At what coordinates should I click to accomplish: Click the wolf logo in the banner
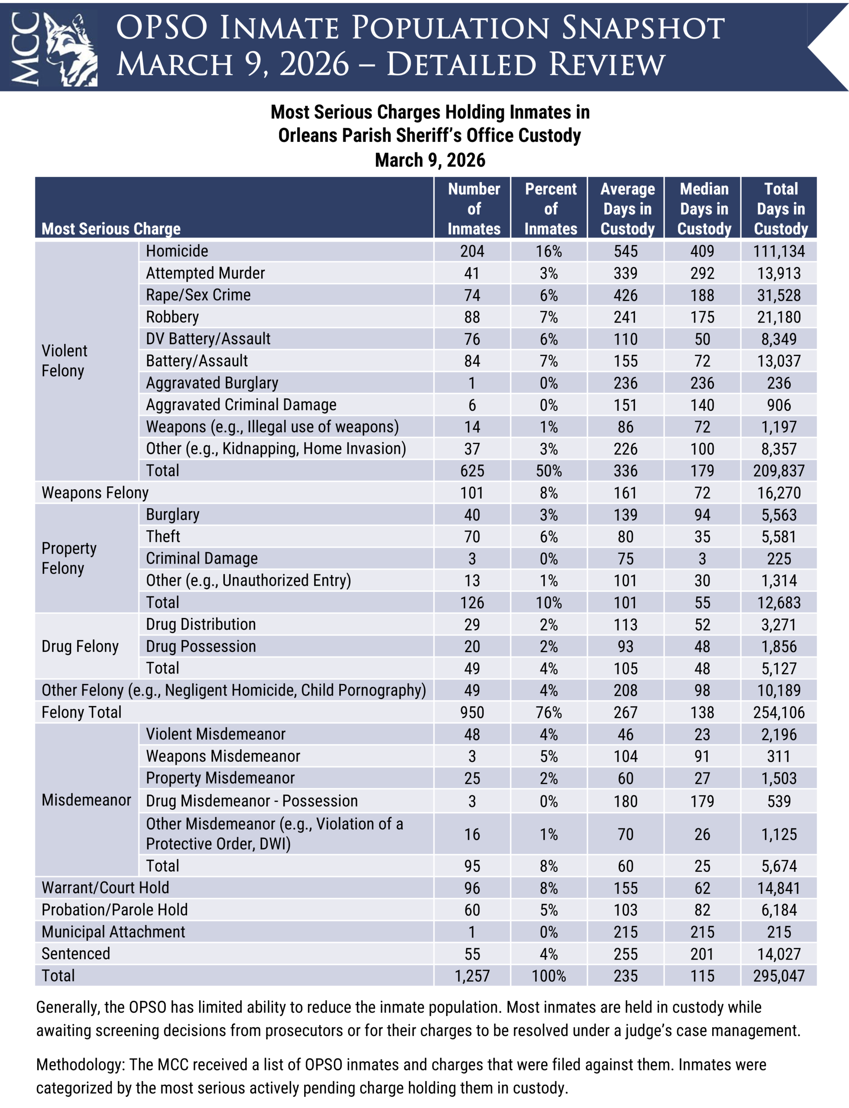click(x=71, y=49)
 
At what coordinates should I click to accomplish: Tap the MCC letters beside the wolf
click(x=25, y=49)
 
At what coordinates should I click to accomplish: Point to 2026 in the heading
click(x=314, y=64)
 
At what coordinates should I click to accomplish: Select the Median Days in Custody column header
click(x=704, y=209)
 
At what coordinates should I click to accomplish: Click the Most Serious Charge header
click(x=111, y=229)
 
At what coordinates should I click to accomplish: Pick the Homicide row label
click(x=177, y=251)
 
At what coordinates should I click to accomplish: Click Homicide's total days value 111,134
click(x=779, y=251)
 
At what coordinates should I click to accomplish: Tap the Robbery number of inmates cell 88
click(x=472, y=317)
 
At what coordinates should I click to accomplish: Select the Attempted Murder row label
click(x=205, y=273)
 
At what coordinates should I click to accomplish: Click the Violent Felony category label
click(x=64, y=361)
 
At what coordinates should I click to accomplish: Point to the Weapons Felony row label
click(x=95, y=493)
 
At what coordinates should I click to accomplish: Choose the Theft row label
click(x=163, y=536)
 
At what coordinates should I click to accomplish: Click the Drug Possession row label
click(x=201, y=647)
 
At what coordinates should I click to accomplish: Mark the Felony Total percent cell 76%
click(x=549, y=712)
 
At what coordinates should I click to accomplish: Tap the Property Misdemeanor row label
click(x=220, y=778)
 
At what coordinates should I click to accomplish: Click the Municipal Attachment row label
click(x=113, y=932)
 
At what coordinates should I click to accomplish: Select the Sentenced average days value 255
click(x=625, y=954)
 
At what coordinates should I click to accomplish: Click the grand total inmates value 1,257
click(x=472, y=976)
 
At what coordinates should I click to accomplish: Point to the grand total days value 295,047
click(x=779, y=976)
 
